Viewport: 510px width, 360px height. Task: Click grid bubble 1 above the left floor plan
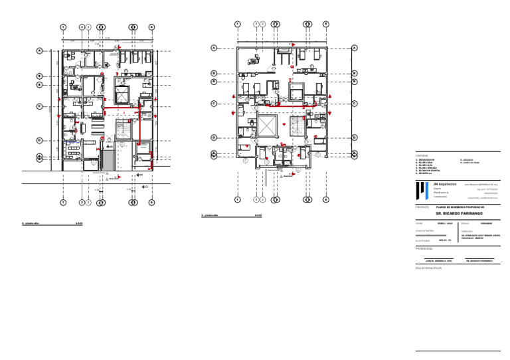pyautogui.click(x=62, y=27)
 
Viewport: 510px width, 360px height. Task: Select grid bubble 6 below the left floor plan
pyautogui.click(x=151, y=202)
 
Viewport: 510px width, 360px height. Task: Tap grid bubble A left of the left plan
pyautogui.click(x=40, y=50)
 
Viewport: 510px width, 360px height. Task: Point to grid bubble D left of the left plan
pyautogui.click(x=40, y=140)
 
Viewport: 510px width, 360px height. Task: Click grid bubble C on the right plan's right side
pyautogui.click(x=355, y=103)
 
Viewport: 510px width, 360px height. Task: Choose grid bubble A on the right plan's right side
pyautogui.click(x=355, y=48)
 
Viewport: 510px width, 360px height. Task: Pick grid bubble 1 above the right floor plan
pyautogui.click(x=237, y=24)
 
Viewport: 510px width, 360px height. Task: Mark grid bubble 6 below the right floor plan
pyautogui.click(x=326, y=199)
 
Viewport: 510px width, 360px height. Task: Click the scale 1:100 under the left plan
pyautogui.click(x=79, y=224)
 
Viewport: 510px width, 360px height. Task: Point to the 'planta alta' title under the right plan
pyautogui.click(x=211, y=216)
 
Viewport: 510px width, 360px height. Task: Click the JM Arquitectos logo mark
pyautogui.click(x=420, y=191)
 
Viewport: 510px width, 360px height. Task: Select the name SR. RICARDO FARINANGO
pyautogui.click(x=459, y=214)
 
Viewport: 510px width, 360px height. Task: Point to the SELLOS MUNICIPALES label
pyautogui.click(x=428, y=268)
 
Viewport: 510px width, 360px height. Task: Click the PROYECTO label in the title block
pyautogui.click(x=423, y=207)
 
